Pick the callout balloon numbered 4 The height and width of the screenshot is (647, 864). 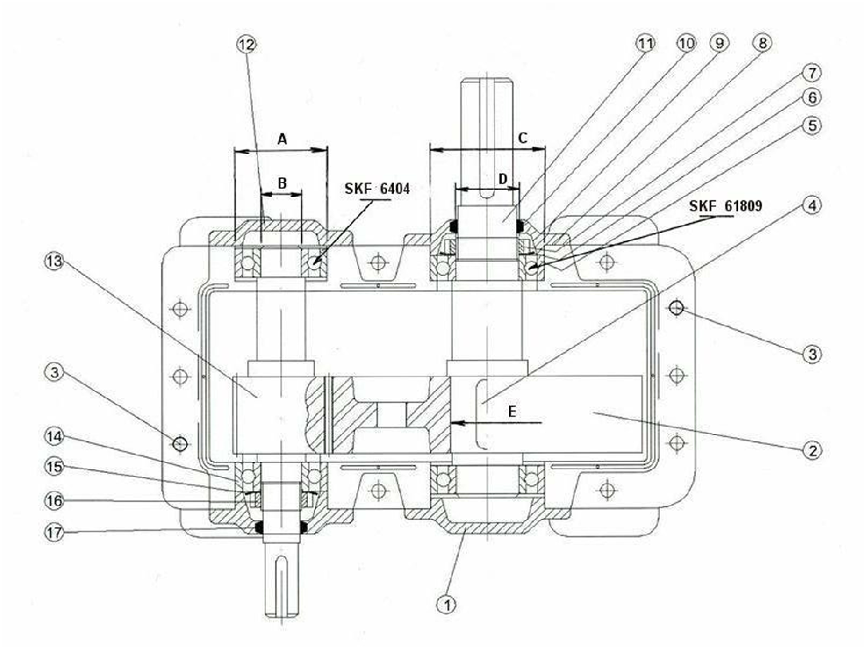pos(811,205)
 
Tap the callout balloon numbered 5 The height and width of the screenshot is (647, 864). pos(811,125)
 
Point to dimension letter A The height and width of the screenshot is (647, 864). pos(282,139)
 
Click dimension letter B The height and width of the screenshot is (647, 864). pos(281,183)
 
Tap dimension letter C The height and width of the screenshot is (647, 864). pos(522,138)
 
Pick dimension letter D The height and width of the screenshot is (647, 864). pos(503,179)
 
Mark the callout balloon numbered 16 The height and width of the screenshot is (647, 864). pos(54,500)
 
